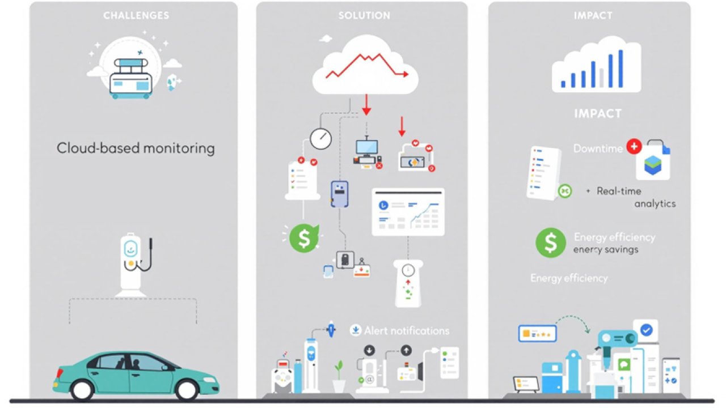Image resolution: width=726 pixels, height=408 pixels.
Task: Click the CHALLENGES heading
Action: (x=136, y=15)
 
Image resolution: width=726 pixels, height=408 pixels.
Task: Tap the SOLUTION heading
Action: (x=364, y=15)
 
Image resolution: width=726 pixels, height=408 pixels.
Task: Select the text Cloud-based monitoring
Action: (x=136, y=148)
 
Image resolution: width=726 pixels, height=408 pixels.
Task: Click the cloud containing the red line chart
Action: (x=365, y=67)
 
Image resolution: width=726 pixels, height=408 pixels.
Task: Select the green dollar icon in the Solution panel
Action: (x=304, y=239)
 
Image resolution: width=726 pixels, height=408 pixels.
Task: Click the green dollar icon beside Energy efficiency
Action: (x=550, y=243)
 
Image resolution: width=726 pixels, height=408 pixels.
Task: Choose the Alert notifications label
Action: (x=406, y=330)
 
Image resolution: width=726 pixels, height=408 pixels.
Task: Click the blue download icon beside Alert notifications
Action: (x=356, y=330)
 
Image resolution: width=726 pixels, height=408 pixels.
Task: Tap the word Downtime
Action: (x=598, y=148)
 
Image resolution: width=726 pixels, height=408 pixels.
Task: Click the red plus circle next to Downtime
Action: (x=634, y=147)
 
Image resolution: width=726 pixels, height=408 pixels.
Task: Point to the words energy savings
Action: (x=605, y=250)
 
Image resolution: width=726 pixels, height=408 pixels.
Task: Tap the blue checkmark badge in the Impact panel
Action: (x=646, y=330)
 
